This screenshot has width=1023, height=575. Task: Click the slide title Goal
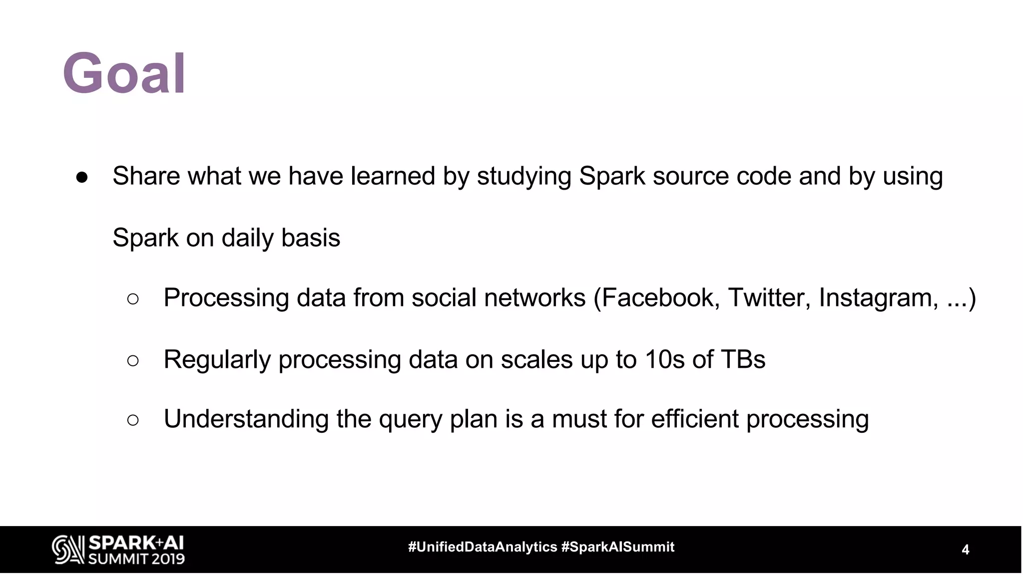click(x=124, y=73)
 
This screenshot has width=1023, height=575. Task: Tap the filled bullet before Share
click(x=82, y=178)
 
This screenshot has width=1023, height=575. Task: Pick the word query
click(x=410, y=419)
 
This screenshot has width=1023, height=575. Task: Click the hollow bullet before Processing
click(x=133, y=299)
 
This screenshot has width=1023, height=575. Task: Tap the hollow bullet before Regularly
click(x=133, y=360)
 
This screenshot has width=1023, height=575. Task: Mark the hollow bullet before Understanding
click(x=133, y=420)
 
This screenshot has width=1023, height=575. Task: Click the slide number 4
click(x=965, y=550)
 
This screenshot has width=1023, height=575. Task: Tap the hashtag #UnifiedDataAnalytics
click(x=483, y=547)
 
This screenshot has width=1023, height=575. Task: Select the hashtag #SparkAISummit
click(x=618, y=547)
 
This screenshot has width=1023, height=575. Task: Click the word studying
click(x=524, y=177)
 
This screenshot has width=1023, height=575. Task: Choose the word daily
click(x=247, y=238)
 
